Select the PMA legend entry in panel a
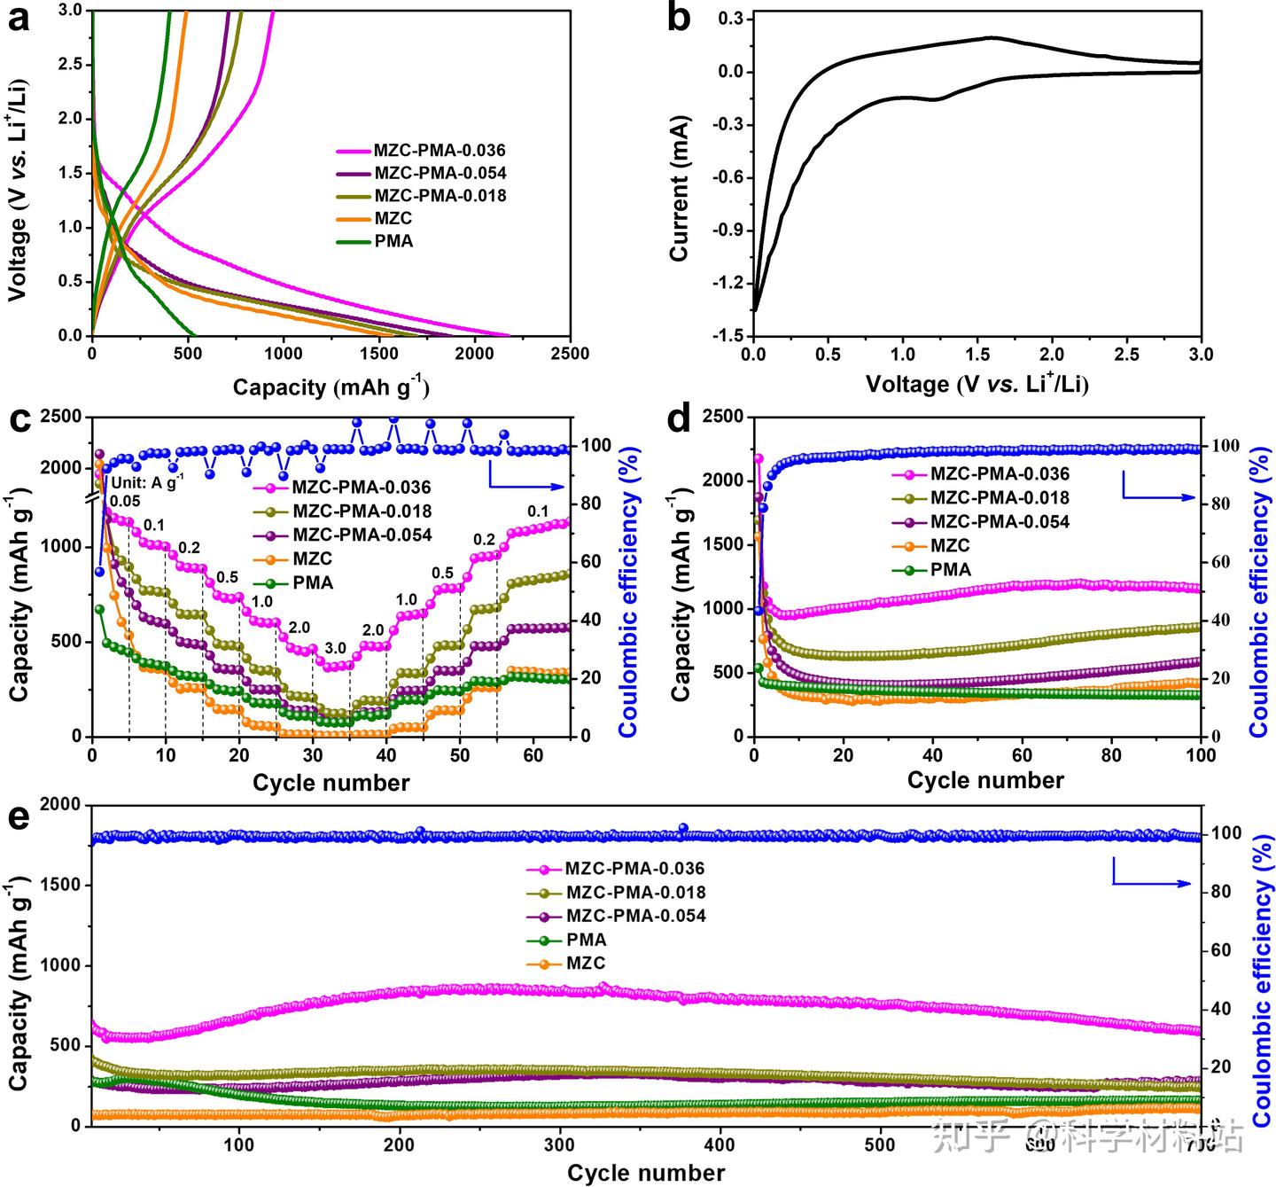(393, 241)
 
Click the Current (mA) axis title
(680, 189)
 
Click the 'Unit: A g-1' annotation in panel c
(148, 482)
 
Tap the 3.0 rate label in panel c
(335, 646)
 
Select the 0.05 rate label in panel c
(125, 502)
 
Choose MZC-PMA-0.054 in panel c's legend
(362, 535)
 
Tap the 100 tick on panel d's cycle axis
(1200, 755)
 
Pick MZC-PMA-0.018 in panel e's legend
(635, 893)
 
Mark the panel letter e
(19, 815)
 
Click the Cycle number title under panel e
(646, 1174)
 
